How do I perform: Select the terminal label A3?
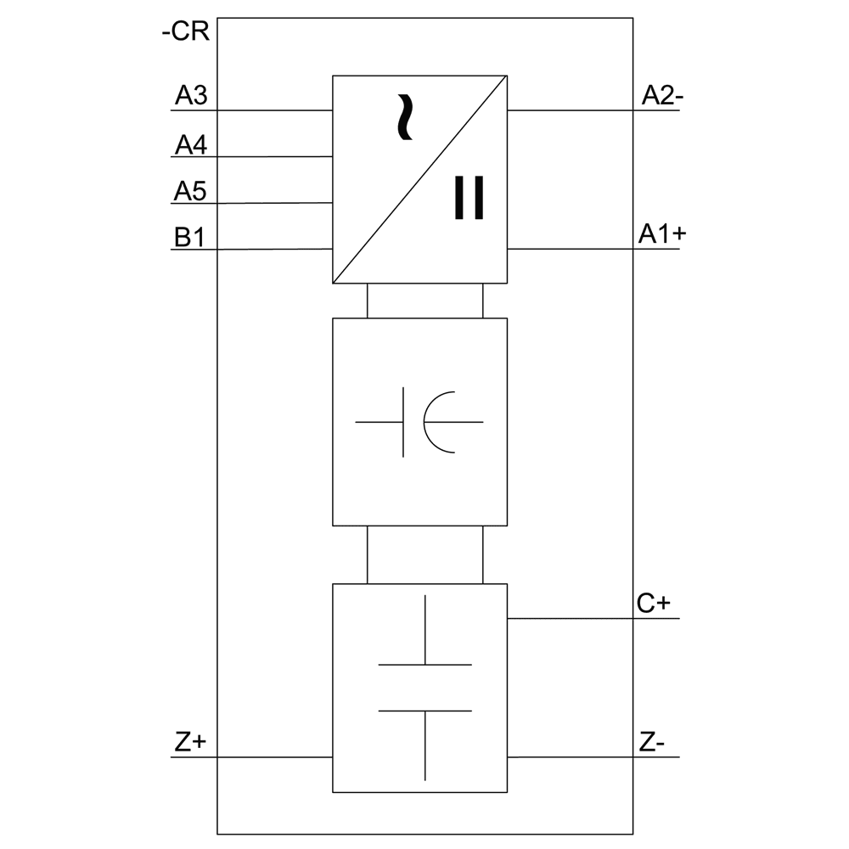[x=191, y=96]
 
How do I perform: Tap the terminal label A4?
[x=191, y=145]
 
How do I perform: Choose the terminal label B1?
[x=188, y=238]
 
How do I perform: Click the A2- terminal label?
[x=662, y=96]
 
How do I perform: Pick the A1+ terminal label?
[x=662, y=235]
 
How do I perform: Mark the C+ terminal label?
[x=654, y=604]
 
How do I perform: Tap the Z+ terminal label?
[x=190, y=742]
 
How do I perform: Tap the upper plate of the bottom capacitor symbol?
[x=424, y=665]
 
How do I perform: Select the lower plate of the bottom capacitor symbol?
[x=424, y=711]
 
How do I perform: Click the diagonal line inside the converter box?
[x=419, y=180]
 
